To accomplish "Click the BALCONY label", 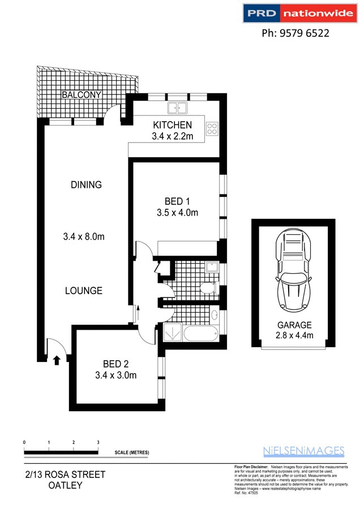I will click(x=82, y=94).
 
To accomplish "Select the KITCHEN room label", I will click(x=173, y=125).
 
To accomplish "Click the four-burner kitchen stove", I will click(x=212, y=128).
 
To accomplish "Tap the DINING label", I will click(x=86, y=184).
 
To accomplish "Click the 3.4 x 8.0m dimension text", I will click(x=84, y=236).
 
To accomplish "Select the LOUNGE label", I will click(x=83, y=291).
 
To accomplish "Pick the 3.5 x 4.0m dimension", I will click(x=177, y=213).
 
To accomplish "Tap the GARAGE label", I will click(x=294, y=325).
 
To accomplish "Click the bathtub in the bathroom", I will click(x=200, y=333).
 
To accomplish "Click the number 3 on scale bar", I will click(x=98, y=442).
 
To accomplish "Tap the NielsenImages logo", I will click(x=303, y=451).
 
